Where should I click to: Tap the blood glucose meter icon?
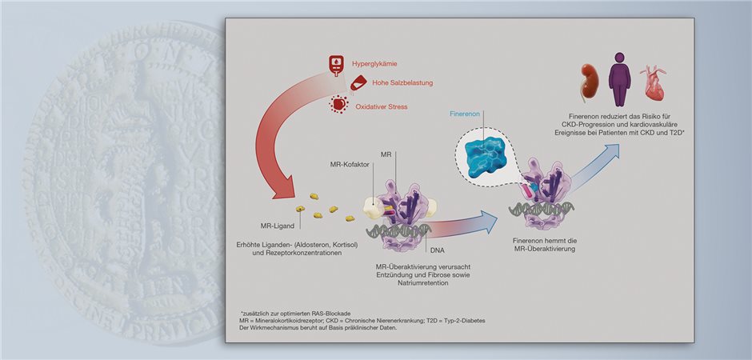click(337, 62)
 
